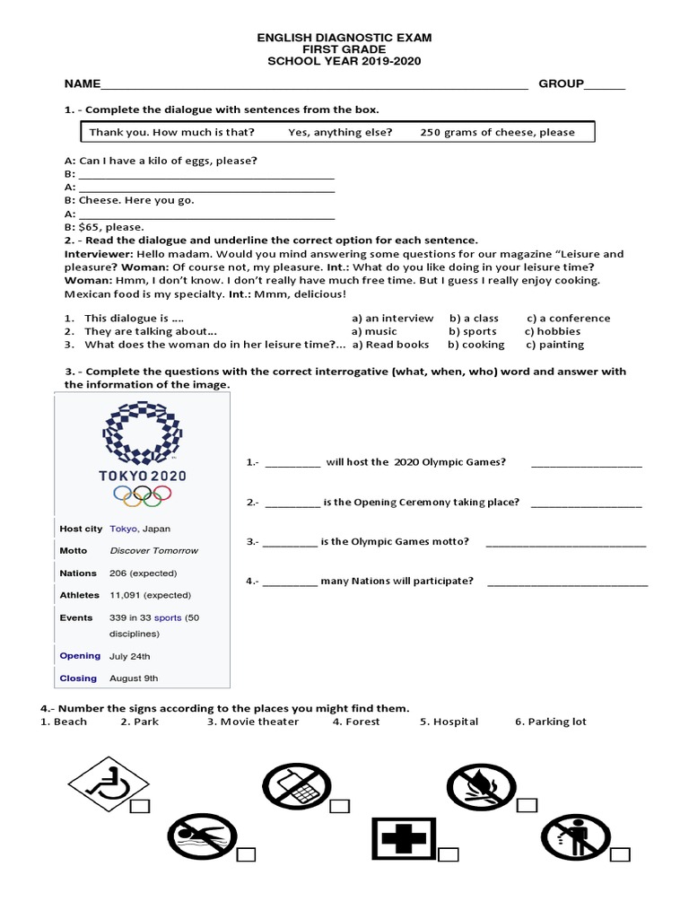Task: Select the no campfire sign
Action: tap(483, 786)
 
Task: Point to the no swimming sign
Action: tap(201, 837)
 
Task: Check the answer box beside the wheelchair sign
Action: tap(140, 809)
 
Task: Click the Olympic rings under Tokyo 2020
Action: tap(143, 495)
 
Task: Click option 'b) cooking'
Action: tap(476, 345)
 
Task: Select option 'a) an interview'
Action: tap(392, 318)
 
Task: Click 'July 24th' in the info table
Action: tap(130, 656)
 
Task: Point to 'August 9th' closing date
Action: tap(134, 678)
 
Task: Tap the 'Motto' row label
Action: tap(74, 550)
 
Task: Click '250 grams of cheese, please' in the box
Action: tap(497, 132)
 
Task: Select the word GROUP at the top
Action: tap(561, 84)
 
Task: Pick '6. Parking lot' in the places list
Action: tap(550, 722)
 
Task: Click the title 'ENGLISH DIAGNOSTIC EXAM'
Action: tap(344, 38)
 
